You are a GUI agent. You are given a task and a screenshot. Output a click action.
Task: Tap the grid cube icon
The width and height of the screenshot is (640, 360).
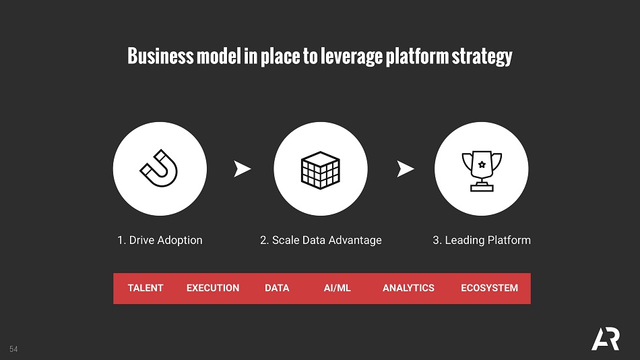pos(321,170)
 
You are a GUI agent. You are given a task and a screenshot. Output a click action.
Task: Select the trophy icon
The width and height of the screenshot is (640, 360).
pos(482,171)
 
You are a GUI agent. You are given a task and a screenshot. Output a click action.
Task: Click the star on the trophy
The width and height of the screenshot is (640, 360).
pos(482,164)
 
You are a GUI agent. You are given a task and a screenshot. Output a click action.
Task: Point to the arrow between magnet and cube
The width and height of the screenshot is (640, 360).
pos(242,169)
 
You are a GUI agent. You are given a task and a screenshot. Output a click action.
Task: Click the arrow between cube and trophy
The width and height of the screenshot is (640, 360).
pos(405,169)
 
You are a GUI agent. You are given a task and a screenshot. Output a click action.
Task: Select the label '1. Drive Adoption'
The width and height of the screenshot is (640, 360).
pos(160,240)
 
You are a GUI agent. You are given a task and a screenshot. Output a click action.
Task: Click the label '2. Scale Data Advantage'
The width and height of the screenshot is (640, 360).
pos(321,240)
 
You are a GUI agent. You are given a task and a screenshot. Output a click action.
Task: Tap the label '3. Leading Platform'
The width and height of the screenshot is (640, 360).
pos(482,240)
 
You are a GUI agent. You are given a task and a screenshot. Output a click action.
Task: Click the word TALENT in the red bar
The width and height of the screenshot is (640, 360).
pos(146,288)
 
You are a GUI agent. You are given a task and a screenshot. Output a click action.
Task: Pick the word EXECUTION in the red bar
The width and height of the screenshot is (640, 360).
pos(213,288)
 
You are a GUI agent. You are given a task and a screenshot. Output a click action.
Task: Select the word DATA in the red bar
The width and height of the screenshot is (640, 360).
pos(277,288)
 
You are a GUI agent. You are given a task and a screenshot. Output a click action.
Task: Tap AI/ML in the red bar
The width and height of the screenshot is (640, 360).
pos(337,288)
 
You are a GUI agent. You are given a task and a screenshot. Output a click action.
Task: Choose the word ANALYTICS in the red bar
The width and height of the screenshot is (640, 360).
pos(408,288)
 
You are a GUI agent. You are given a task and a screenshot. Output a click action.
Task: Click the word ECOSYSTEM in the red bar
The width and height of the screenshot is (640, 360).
pos(489,288)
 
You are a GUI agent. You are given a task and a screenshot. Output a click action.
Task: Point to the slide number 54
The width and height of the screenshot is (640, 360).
pos(13,349)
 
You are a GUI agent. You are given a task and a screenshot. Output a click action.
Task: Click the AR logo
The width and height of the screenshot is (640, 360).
pos(606,338)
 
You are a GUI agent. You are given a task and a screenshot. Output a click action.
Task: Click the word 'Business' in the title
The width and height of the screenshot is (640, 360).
pos(160,56)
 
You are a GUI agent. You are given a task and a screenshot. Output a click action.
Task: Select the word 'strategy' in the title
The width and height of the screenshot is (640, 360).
pos(482,57)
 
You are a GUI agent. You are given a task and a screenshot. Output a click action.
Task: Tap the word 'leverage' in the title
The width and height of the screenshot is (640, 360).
pos(352,57)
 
